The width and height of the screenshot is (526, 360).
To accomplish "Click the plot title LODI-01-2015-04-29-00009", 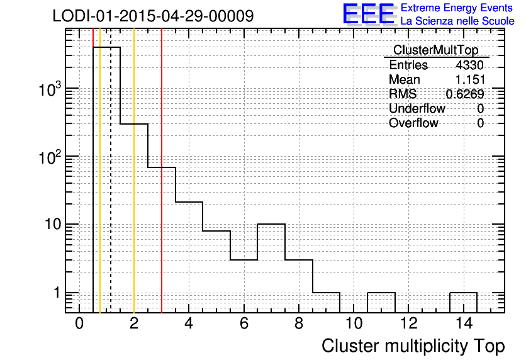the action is tap(153, 16).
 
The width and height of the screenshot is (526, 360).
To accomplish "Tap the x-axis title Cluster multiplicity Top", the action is tap(413, 346).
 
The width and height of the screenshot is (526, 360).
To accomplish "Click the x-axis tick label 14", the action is tap(464, 323).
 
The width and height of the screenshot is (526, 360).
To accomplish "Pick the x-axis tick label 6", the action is tap(244, 323).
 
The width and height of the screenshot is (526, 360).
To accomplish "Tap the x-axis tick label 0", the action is tap(79, 323).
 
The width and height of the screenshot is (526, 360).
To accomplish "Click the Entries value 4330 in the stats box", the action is tap(469, 65).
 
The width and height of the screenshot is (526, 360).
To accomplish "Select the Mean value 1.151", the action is tap(470, 79).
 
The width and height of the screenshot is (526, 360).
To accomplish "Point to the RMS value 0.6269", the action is tap(465, 94).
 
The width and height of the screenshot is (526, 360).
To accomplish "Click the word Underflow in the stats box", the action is tap(417, 108).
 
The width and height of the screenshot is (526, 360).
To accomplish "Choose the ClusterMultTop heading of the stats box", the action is tap(436, 50).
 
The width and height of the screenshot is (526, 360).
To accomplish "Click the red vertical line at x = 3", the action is tap(162, 171).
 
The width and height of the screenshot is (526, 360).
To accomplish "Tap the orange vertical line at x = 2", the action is tap(134, 171).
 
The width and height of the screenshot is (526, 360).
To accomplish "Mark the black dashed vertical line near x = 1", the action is tap(111, 171).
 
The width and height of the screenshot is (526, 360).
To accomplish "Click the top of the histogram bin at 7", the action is tap(271, 224).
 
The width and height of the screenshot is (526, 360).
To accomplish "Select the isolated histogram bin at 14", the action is tap(463, 293).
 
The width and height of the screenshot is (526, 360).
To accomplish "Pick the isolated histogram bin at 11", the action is tap(381, 293).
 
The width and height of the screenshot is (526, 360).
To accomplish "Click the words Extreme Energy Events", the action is tap(457, 8).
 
